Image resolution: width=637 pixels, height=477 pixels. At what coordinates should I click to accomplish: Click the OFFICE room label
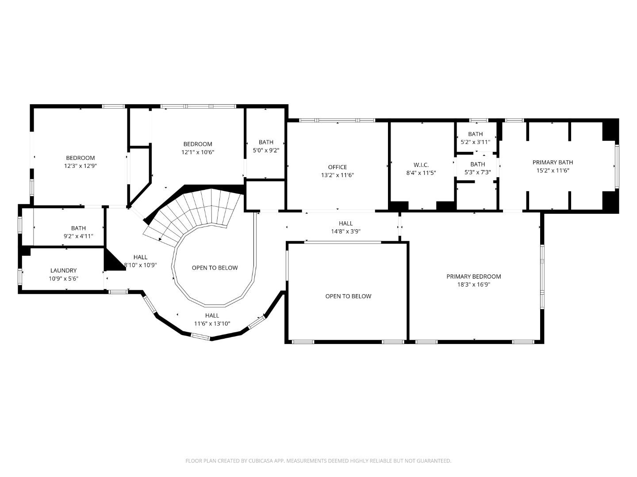pos(337,167)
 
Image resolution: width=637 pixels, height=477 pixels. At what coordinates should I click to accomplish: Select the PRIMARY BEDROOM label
pos(473,276)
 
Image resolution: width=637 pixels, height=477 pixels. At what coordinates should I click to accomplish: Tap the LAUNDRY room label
pos(63,270)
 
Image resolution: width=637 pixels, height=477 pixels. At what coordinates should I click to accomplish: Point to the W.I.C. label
pos(421,165)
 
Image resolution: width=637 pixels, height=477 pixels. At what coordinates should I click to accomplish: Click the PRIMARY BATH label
pos(553,162)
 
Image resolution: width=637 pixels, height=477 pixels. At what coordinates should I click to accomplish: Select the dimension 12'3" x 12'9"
pos(81,166)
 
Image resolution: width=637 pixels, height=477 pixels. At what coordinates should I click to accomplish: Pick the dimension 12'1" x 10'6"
pos(198,152)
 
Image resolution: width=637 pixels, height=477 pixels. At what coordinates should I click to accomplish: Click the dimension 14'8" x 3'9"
pos(345,231)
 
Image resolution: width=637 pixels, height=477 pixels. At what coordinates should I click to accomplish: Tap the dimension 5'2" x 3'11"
pos(476,142)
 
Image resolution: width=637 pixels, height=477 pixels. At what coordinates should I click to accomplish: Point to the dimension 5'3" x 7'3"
pos(477,172)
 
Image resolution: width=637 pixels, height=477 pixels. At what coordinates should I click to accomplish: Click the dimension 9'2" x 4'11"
pos(78,236)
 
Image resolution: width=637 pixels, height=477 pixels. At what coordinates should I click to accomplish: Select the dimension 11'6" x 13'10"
pos(212,323)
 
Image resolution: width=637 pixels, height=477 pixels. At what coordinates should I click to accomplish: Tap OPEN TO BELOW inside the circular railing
pos(215,268)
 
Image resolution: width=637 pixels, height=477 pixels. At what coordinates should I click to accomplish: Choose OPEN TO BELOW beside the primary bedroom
pos(348,296)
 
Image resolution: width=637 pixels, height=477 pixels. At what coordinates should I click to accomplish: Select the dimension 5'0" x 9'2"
pos(266,150)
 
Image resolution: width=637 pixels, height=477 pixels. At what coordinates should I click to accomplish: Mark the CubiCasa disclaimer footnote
pos(318,461)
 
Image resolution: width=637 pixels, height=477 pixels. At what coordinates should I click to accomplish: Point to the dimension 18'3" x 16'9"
pos(473,285)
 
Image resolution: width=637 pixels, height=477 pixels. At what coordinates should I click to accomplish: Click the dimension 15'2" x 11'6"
pos(553,170)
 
